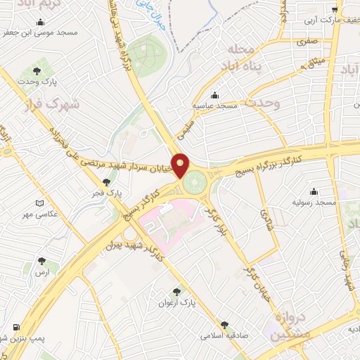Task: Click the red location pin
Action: click(180, 165)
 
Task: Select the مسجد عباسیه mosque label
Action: click(219, 105)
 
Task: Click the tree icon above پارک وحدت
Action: click(37, 70)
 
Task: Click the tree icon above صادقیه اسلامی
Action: click(224, 325)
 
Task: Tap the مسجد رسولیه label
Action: click(316, 202)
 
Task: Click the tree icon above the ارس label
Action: click(36, 262)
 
